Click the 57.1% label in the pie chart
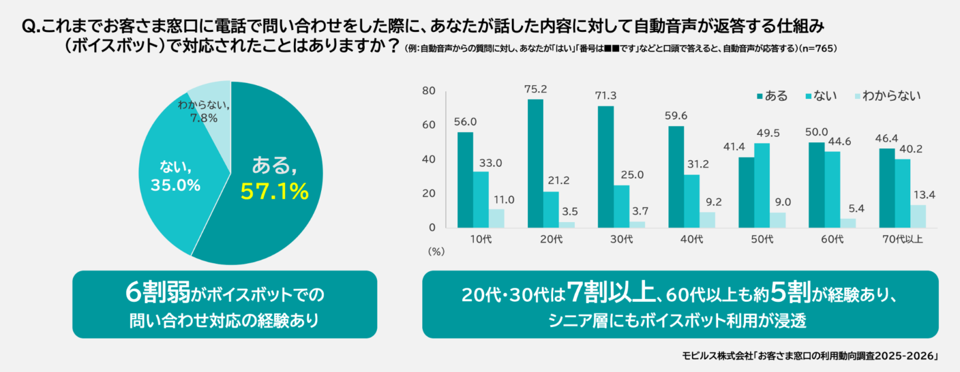[274, 191]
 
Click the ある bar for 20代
[535, 163]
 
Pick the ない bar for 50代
[762, 185]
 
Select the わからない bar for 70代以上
[918, 216]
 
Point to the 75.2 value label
[535, 89]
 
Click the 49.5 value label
[768, 133]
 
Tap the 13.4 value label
[924, 195]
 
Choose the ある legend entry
[772, 96]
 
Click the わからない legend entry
[887, 96]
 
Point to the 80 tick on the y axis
[428, 91]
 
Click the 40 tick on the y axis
[428, 159]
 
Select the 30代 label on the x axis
[622, 239]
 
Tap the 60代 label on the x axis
[832, 239]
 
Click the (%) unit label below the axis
[436, 252]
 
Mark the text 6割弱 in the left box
[157, 293]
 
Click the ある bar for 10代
[465, 180]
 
